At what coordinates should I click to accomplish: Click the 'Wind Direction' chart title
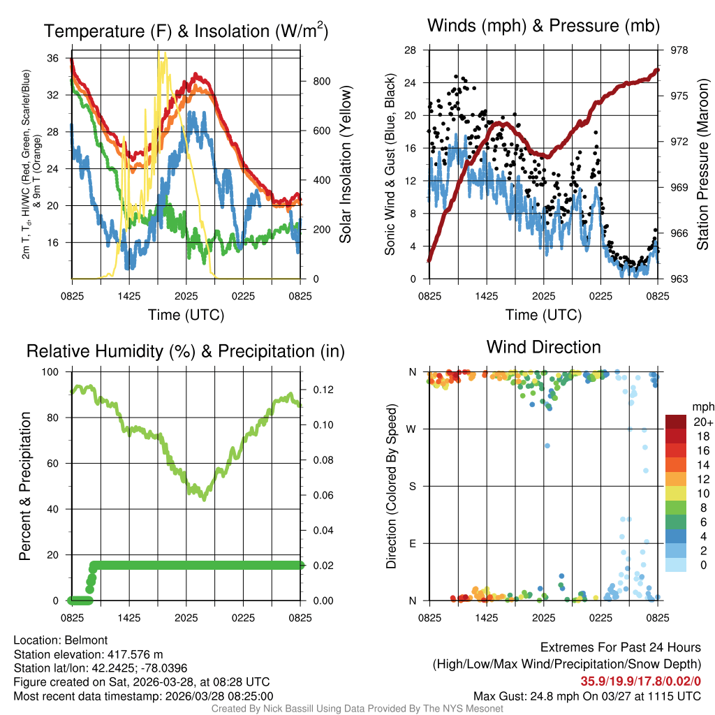tap(543, 347)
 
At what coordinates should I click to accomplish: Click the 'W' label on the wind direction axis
tap(413, 429)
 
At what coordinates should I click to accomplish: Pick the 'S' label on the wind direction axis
tap(413, 486)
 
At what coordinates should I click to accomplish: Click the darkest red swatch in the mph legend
tap(675, 422)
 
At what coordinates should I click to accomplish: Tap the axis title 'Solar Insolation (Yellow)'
tap(346, 165)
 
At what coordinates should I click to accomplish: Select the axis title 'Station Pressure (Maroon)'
tap(703, 165)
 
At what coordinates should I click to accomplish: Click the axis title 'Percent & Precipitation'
tap(24, 486)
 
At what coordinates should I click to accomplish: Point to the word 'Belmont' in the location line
tap(84, 640)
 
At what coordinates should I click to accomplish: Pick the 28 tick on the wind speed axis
tap(411, 50)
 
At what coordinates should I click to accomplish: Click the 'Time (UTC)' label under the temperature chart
tap(186, 315)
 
